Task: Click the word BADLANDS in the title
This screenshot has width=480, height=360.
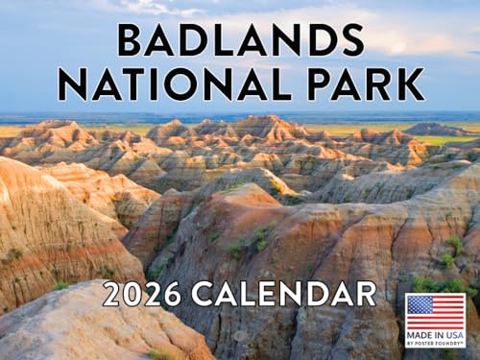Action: coord(240,39)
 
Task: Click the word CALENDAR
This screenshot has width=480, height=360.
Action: coord(285,294)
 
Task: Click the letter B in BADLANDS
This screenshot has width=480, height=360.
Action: coord(130,39)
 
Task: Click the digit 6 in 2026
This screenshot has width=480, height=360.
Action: coord(173,294)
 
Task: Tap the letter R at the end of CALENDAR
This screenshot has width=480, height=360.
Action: coord(367,294)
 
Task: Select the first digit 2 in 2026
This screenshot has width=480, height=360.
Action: coord(112,294)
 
